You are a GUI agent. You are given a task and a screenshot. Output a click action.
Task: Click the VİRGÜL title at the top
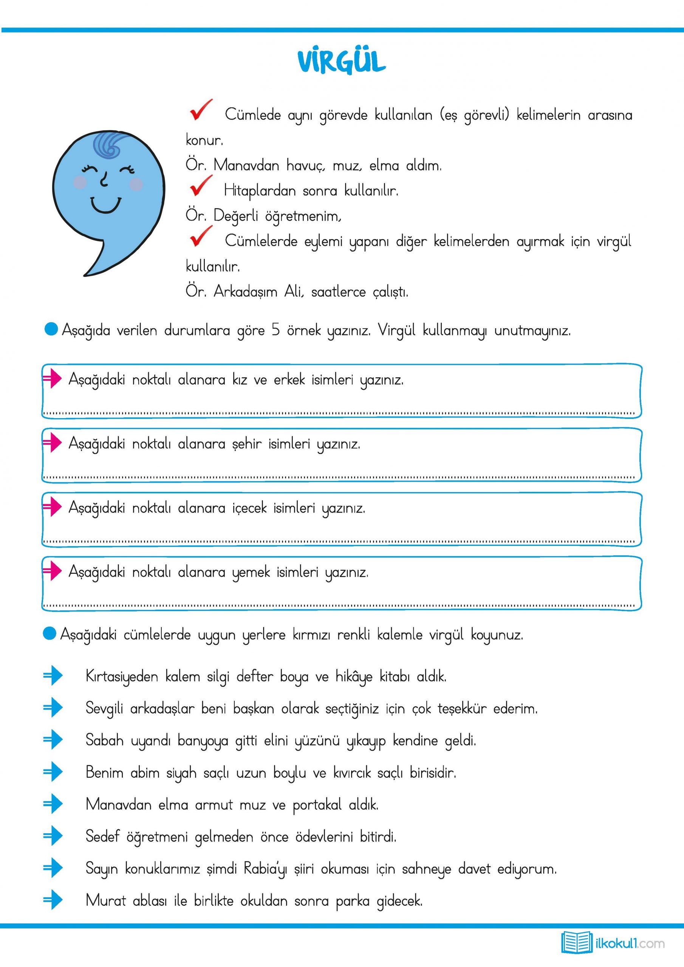coord(341,62)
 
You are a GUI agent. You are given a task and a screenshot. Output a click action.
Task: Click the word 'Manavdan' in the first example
coord(246,165)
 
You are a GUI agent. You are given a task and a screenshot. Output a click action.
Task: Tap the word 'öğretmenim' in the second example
coord(302,216)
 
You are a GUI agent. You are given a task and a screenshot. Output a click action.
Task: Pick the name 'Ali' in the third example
coord(293,292)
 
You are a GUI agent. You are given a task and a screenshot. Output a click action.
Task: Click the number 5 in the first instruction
coord(275,330)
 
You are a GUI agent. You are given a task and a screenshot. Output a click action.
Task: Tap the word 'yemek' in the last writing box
coord(251,572)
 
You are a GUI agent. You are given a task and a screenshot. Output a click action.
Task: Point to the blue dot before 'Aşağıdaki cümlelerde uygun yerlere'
coord(50,634)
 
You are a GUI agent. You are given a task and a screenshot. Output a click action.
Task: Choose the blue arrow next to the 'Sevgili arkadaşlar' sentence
coord(53,708)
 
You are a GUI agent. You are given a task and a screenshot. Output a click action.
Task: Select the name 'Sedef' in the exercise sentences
coord(102,836)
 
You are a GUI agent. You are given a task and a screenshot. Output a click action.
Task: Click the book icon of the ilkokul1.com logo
coord(577,942)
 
